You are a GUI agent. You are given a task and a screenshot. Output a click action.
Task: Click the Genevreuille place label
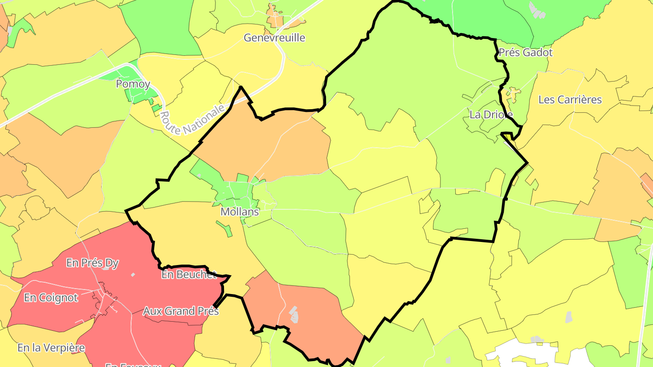coord(274,38)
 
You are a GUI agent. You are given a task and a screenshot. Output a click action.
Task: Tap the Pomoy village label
coord(133,84)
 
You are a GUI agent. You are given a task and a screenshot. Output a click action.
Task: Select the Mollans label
coord(239,212)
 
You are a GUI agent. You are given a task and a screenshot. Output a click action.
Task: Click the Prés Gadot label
coord(526,53)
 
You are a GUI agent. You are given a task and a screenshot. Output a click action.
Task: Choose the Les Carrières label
coord(570,100)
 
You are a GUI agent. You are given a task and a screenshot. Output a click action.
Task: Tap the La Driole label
coord(491,115)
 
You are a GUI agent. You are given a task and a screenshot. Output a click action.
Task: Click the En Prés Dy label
coord(92,263)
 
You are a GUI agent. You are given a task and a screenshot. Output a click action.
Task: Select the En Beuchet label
coord(189,275)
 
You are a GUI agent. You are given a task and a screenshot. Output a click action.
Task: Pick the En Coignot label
coord(51,298)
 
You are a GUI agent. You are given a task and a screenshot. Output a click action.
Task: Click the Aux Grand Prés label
coord(181,311)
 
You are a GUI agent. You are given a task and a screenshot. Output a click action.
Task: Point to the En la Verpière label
coord(51,348)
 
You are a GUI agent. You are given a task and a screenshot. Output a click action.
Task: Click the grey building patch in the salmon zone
coord(294,314)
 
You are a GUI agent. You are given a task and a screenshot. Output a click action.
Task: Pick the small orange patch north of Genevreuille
coord(274,18)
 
